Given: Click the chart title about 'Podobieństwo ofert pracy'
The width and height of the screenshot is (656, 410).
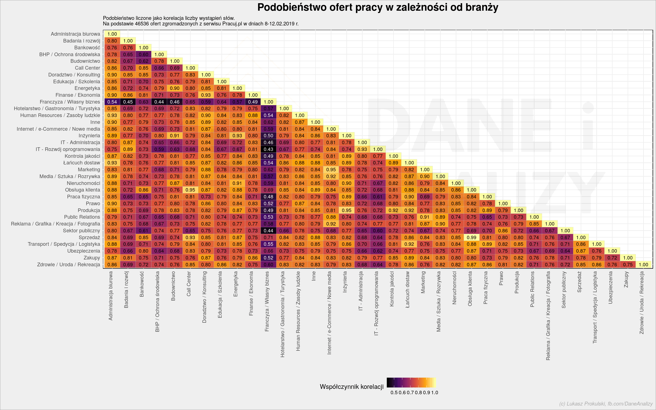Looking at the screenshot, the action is pos(378,7).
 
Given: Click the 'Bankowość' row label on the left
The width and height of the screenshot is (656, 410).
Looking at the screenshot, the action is pos(87,47).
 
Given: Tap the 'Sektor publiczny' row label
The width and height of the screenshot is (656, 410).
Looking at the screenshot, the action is pos(81,230).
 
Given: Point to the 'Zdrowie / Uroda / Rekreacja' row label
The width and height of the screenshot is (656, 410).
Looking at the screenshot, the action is pos(69,264).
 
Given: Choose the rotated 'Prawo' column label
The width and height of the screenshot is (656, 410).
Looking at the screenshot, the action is pos(501,278).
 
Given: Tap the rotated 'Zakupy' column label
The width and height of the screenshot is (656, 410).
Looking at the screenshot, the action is pos(626,280).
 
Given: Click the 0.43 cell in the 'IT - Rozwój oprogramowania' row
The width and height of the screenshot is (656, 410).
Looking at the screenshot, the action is pos(268,149).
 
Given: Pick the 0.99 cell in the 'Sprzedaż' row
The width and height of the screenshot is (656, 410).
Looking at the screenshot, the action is pos(472,237).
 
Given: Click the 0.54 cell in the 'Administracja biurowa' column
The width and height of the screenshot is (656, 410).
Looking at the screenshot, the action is pos(112,102).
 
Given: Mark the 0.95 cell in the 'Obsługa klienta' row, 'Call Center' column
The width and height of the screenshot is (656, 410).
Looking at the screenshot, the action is pos(190,190).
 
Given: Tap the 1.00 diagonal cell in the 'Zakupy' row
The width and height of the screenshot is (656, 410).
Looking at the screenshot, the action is pos(628,258).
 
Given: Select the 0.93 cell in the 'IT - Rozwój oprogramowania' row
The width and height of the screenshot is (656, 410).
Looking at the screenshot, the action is pos(362,149).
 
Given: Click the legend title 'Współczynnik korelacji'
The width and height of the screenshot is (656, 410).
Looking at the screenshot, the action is pos(351,387).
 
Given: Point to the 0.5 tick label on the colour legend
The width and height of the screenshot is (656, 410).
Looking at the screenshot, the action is pos(394,392).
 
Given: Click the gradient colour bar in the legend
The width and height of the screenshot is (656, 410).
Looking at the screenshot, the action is pos(411,382).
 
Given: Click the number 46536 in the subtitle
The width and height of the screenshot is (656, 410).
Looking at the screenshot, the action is pos(142,23).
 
